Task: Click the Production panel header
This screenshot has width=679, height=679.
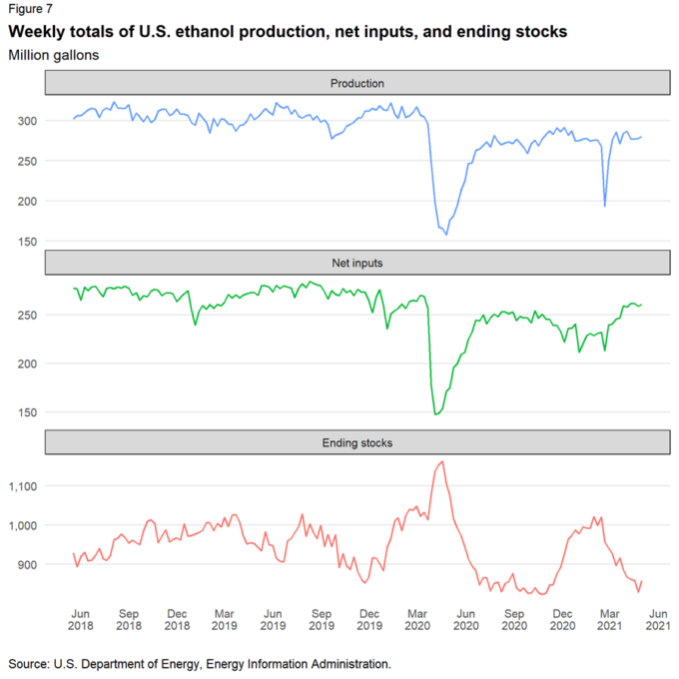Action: pos(357,84)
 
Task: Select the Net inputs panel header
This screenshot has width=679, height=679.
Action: pos(357,264)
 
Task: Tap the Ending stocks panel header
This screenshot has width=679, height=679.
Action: pos(357,442)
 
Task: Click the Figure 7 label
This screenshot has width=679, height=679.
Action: pos(31,9)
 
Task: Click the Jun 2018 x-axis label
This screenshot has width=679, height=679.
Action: pos(80,619)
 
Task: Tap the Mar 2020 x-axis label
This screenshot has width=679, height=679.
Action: pos(416,619)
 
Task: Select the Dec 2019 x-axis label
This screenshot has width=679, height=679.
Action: pos(369,619)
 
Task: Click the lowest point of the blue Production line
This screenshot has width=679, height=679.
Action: pos(446,235)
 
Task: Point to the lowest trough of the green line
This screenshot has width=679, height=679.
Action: pos(436,413)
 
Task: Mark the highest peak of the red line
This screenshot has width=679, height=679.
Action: pos(442,461)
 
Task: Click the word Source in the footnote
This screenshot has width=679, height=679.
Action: pos(29,663)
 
